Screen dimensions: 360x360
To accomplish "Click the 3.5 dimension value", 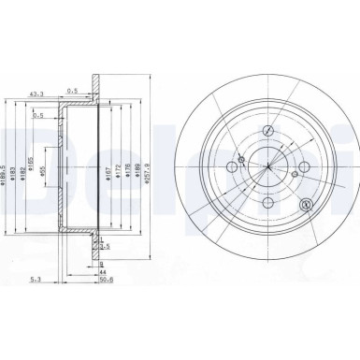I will (106, 246).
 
